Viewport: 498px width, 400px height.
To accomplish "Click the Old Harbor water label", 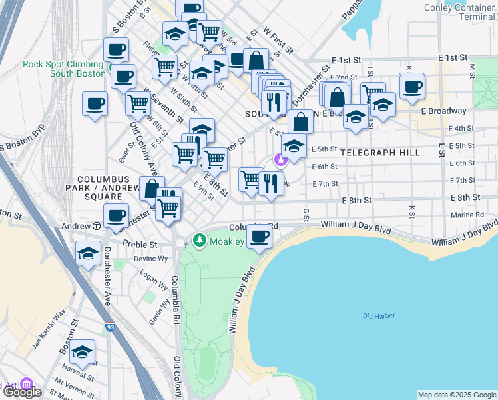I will [379, 315].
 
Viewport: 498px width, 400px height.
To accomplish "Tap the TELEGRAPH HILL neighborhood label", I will [380, 153].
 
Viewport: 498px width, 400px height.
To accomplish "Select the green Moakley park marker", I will [198, 240].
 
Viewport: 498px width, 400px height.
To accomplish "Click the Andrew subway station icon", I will [97, 226].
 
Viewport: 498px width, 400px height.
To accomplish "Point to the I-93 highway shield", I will [109, 327].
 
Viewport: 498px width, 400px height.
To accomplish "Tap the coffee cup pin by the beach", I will [259, 235].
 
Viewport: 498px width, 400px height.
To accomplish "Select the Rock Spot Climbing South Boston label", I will [64, 69].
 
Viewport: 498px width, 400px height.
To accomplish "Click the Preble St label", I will [139, 244].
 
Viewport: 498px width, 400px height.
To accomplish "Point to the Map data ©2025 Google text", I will [456, 394].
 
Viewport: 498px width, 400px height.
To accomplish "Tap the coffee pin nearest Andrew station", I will [116, 215].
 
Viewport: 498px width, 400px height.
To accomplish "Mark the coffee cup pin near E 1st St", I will [412, 86].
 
